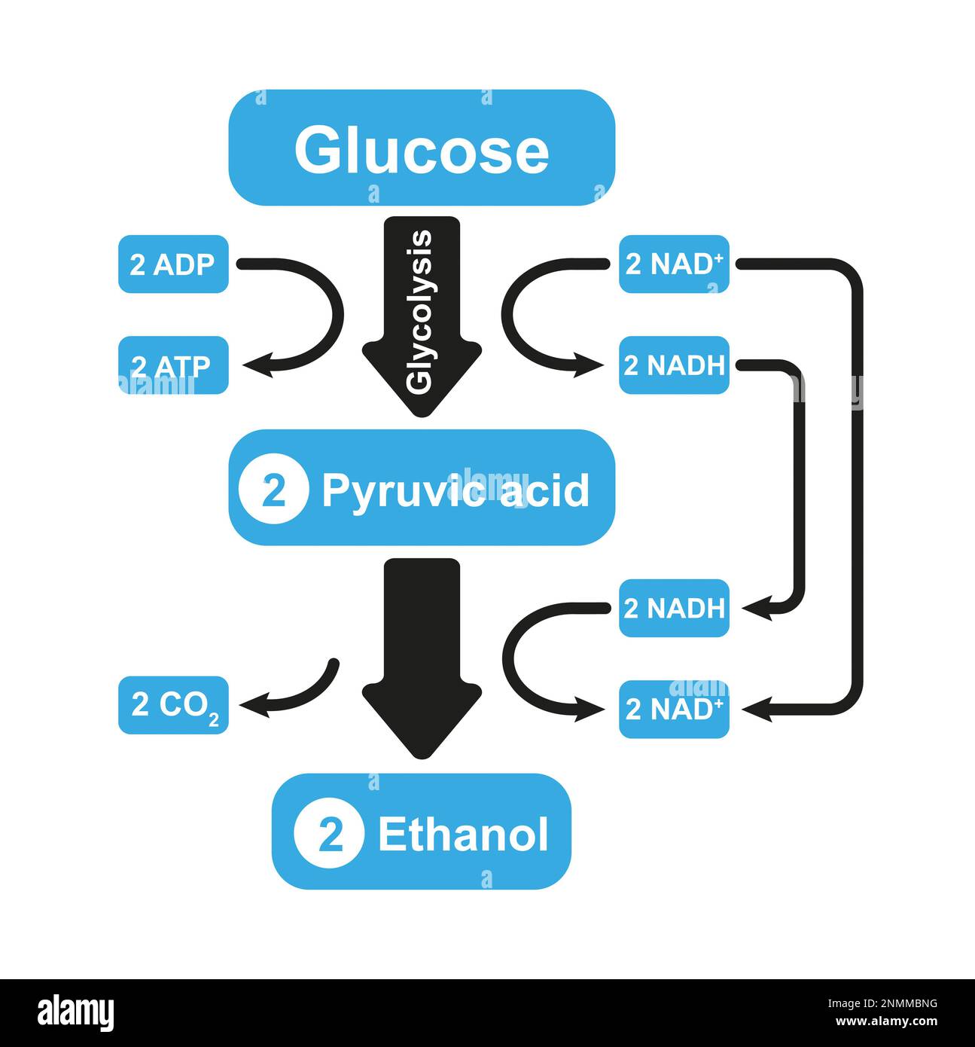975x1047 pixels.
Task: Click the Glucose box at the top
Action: (x=422, y=148)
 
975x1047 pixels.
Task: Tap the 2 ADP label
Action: (x=173, y=264)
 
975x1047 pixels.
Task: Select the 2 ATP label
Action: (x=173, y=366)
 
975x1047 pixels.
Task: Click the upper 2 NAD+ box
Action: (x=674, y=264)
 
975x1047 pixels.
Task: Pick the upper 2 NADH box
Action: (x=674, y=366)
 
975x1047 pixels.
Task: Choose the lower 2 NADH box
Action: (x=674, y=609)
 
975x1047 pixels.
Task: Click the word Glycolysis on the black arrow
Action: (x=420, y=311)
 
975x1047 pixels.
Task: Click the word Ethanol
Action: (x=463, y=834)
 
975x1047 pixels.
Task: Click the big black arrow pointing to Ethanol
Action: (x=422, y=648)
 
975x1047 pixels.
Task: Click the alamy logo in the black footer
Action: (x=76, y=1012)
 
